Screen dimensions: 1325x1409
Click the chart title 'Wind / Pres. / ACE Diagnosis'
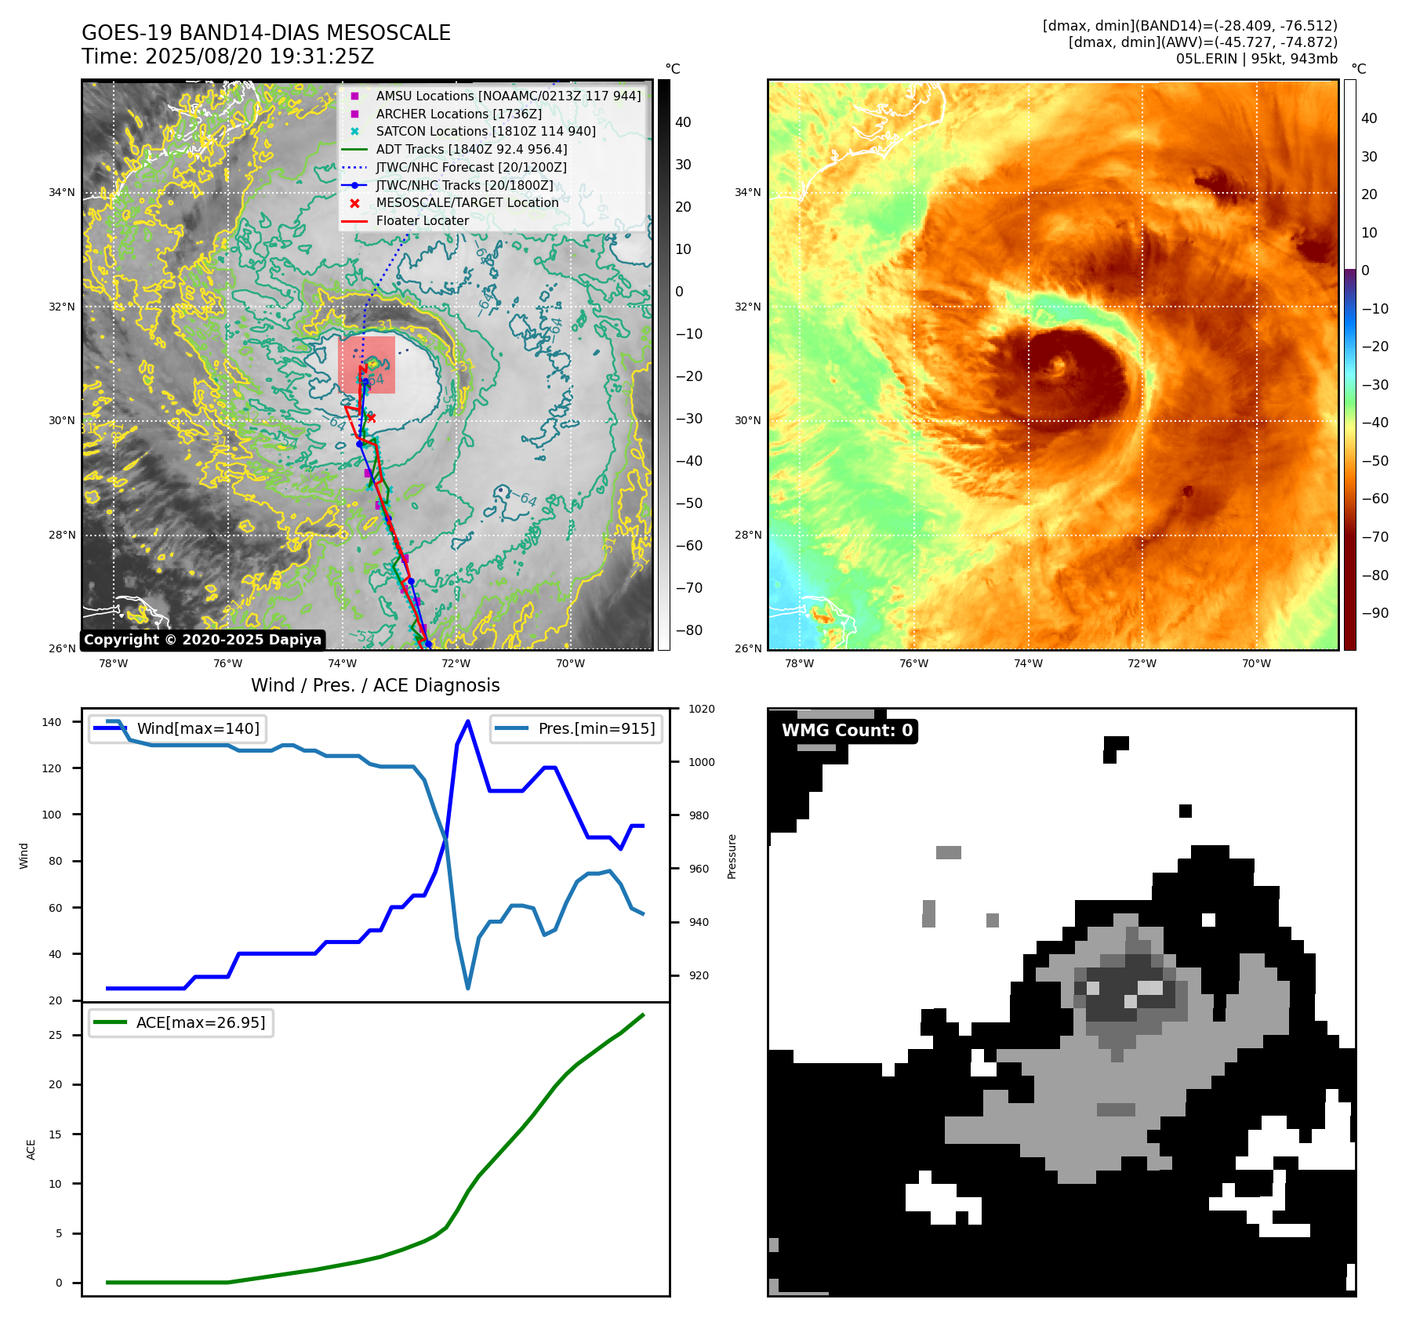coord(375,685)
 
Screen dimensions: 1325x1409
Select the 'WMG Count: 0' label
coord(847,731)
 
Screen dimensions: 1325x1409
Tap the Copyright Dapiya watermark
coord(202,640)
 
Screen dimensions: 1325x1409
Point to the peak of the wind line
coord(468,721)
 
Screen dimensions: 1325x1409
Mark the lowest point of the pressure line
coord(468,988)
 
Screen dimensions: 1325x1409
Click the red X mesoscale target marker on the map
coord(371,418)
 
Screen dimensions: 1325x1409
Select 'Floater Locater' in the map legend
coord(422,220)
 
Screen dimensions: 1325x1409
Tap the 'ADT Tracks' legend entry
coord(471,149)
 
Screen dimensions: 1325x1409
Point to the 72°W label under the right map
coord(1142,663)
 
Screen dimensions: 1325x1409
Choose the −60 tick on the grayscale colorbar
coord(689,546)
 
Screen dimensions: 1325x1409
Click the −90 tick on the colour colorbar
coord(1375,613)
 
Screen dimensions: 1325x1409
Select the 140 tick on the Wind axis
coord(52,722)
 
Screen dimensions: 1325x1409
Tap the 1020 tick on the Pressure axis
coord(701,709)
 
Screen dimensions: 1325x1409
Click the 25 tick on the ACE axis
coord(55,1035)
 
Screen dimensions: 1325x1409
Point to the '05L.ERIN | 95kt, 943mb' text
coord(1256,59)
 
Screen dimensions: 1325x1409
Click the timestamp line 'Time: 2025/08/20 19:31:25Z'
coord(227,56)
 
